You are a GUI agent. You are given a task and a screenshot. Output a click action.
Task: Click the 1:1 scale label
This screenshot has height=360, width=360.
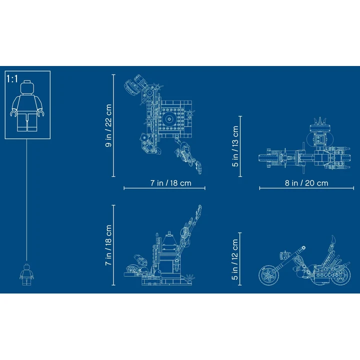[x=12, y=79]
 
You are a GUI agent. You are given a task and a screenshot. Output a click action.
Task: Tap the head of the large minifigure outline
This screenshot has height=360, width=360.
[x=27, y=87]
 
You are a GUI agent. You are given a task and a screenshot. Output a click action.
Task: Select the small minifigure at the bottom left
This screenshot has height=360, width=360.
[x=26, y=274]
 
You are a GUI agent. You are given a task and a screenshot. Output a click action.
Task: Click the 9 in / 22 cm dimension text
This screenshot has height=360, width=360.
[x=108, y=125]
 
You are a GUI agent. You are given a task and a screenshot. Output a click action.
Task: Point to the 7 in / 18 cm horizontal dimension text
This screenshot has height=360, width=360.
[x=171, y=183]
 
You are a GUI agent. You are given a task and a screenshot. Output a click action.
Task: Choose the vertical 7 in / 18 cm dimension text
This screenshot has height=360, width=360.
[x=108, y=245]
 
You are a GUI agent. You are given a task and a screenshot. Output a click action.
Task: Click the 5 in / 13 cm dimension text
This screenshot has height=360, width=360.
[x=235, y=146]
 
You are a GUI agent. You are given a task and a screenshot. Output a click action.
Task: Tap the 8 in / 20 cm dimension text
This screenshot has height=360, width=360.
[x=306, y=183]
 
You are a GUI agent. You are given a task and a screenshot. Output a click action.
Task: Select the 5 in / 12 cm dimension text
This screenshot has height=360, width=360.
[x=235, y=259]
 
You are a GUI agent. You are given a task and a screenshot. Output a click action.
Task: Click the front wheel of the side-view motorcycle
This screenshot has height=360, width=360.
[x=268, y=275]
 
